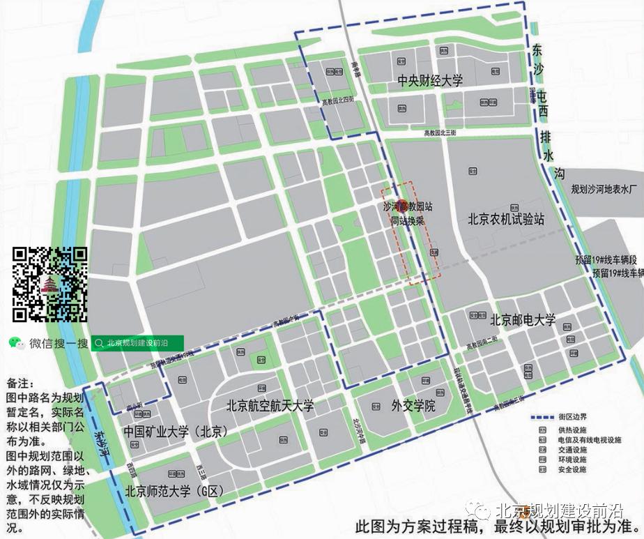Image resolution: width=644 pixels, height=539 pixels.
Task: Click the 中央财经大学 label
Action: (x=430, y=81)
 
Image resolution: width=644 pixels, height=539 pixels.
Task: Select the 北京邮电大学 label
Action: (x=523, y=321)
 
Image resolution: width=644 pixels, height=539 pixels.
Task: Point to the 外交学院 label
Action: (x=413, y=405)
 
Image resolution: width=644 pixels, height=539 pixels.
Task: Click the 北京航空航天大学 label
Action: (x=270, y=406)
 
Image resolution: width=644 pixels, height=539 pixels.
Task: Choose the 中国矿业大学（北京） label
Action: (x=176, y=432)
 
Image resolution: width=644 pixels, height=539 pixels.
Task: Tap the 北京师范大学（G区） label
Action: (x=174, y=492)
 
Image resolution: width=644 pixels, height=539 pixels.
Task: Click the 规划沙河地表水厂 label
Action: (x=604, y=189)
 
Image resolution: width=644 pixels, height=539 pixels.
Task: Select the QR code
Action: (x=51, y=284)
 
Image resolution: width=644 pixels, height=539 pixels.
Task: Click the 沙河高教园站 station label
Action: (x=408, y=207)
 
